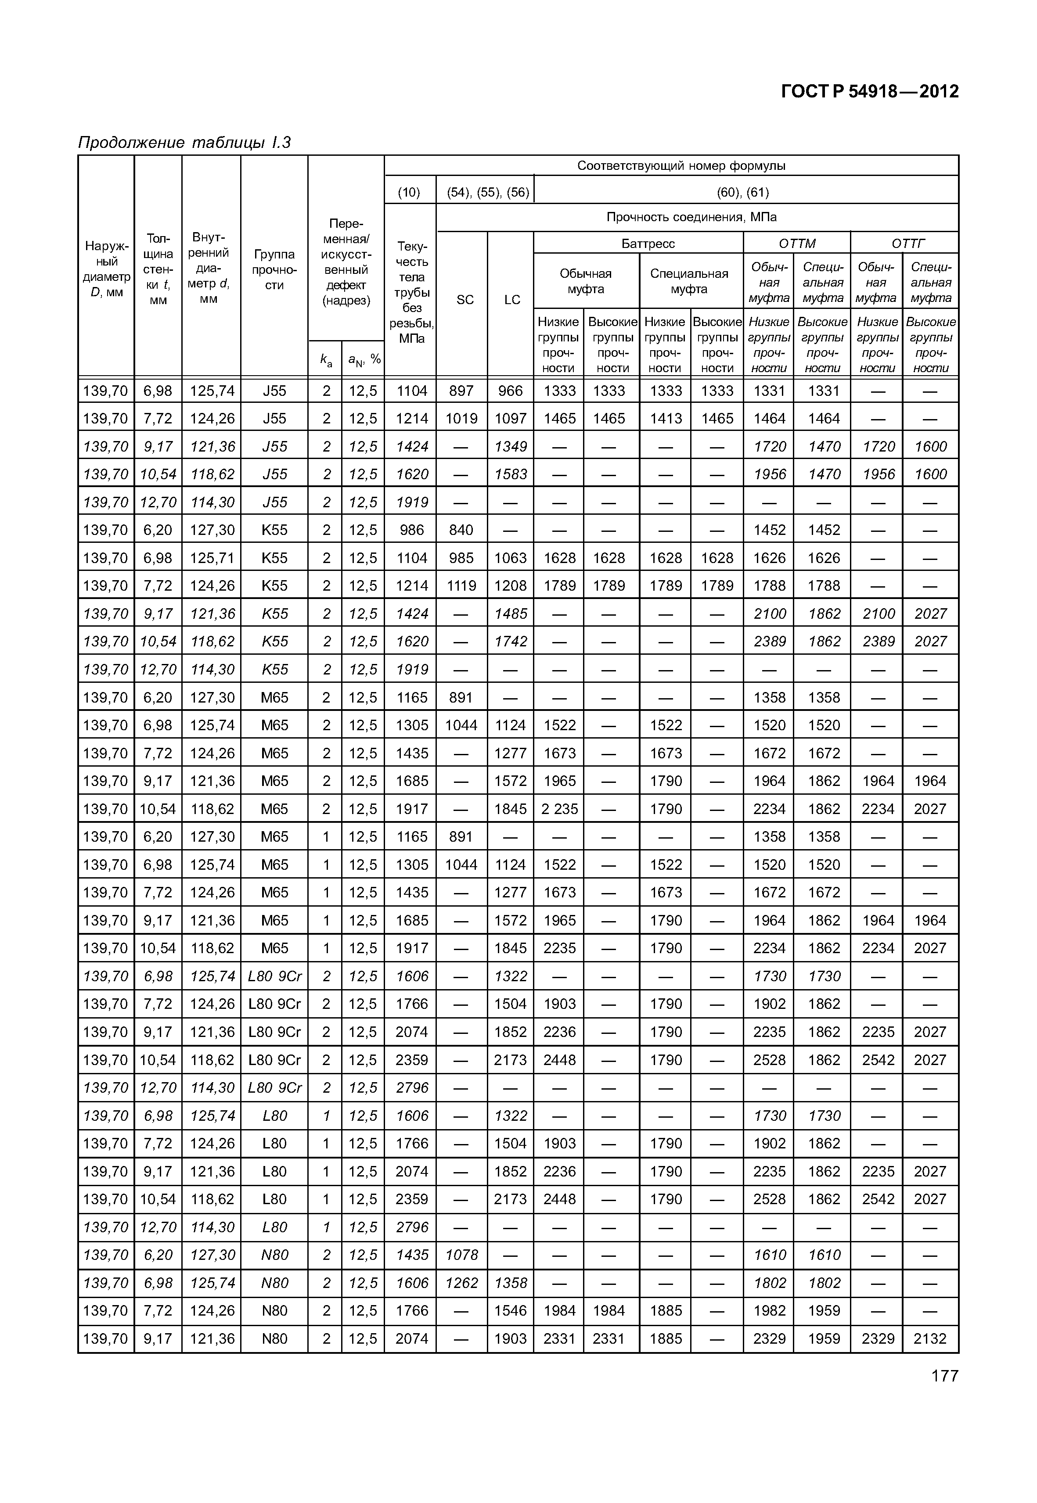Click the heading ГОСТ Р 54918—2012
point(869,92)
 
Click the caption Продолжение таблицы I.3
point(184,142)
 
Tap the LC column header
point(512,299)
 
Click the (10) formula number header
point(409,192)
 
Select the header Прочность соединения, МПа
point(691,217)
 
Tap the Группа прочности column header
point(274,269)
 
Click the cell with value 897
point(461,391)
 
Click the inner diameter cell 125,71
point(212,558)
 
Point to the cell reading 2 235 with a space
point(559,809)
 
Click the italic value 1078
point(461,1255)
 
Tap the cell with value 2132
point(930,1339)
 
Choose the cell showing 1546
point(510,1311)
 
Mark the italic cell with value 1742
point(510,642)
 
